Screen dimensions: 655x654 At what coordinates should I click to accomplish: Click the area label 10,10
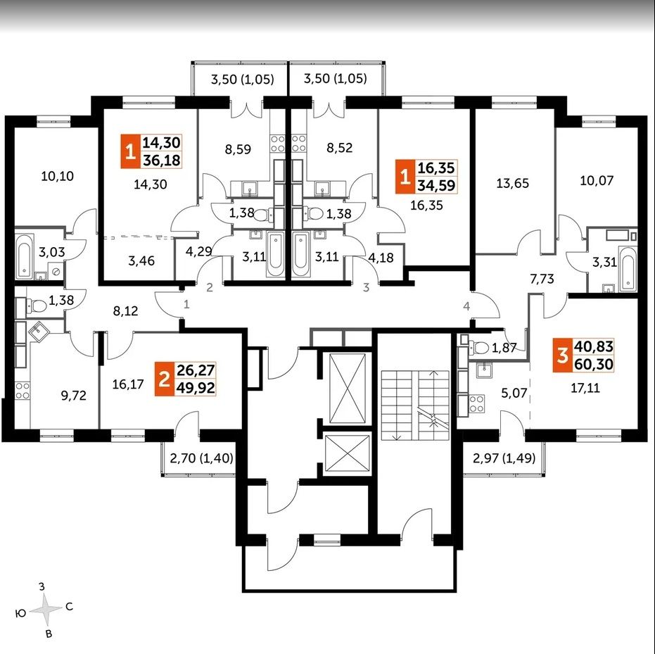(x=58, y=176)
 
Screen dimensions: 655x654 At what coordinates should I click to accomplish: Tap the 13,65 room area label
(x=513, y=183)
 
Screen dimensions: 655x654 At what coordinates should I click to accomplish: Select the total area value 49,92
(x=196, y=388)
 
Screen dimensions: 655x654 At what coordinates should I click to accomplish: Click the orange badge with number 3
(x=563, y=356)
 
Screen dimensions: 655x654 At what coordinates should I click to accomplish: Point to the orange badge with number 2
(x=165, y=379)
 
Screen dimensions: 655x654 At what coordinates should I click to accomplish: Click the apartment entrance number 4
(x=466, y=306)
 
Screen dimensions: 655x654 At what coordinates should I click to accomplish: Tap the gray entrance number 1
(x=186, y=304)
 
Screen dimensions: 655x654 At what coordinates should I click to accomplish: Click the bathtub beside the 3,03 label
(x=24, y=256)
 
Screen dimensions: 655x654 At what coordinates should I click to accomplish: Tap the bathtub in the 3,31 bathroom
(x=628, y=269)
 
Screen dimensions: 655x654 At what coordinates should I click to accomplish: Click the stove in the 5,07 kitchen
(x=476, y=403)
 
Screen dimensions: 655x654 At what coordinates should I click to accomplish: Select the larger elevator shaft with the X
(x=348, y=389)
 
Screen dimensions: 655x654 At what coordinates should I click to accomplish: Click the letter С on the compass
(x=70, y=606)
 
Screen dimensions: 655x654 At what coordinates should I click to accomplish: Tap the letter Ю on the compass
(x=21, y=613)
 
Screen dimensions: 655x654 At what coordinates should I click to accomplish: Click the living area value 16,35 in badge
(x=436, y=168)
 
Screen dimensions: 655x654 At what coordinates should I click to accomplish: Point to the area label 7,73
(x=542, y=279)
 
